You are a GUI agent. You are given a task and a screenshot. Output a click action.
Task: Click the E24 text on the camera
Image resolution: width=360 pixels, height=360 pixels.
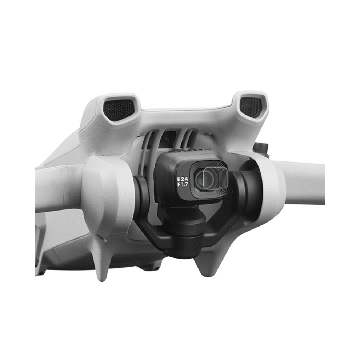click(x=183, y=179)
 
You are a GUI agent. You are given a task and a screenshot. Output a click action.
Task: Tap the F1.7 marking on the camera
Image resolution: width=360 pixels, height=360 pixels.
click(x=183, y=184)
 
